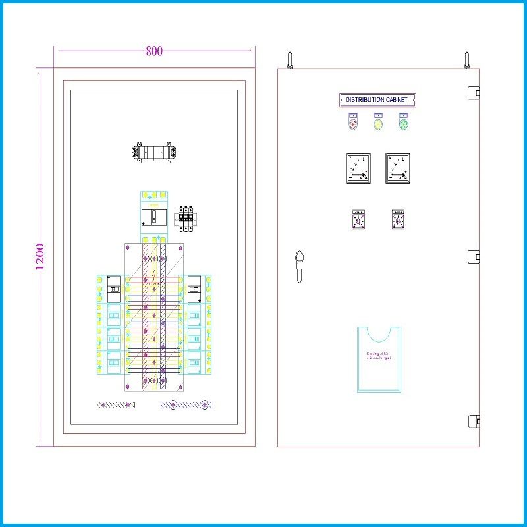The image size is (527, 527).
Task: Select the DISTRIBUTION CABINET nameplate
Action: point(377,100)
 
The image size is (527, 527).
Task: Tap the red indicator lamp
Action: point(353,122)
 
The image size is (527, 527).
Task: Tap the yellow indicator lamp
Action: point(378,122)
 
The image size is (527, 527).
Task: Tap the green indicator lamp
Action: point(404,122)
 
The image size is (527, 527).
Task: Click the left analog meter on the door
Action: point(358,169)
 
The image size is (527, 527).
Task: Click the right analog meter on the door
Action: point(398,169)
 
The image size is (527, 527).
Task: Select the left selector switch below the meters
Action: point(358,219)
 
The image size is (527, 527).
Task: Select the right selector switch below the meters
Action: point(398,219)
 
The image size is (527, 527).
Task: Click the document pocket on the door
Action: point(379,359)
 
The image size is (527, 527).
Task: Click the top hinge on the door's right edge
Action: point(472,92)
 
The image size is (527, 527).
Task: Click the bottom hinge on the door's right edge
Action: point(472,420)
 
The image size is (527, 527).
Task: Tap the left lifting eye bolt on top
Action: point(289,61)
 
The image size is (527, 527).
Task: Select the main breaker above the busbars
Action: point(153,217)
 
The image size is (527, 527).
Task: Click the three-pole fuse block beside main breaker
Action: point(185,217)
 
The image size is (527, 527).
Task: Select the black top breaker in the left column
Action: point(113,285)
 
